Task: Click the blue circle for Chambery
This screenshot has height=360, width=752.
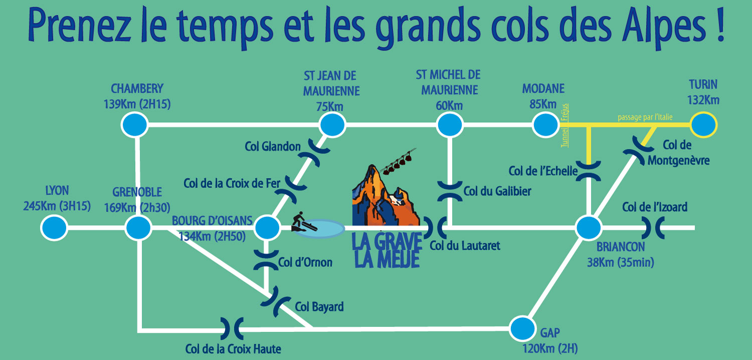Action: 135,124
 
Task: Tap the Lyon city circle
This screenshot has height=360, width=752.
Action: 54,228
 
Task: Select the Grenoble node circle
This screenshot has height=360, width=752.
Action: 138,228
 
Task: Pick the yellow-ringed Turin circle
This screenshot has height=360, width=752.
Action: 704,124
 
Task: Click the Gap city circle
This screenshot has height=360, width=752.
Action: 523,328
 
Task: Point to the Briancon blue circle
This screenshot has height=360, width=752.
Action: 589,228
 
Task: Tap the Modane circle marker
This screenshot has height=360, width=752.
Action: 545,124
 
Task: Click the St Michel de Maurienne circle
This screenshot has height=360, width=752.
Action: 450,124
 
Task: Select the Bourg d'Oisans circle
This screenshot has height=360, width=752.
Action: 267,228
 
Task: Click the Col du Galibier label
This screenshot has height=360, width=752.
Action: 497,192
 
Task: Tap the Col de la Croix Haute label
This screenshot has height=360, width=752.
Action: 233,349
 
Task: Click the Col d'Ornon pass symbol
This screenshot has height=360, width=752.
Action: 266,260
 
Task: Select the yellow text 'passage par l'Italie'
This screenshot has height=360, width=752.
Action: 645,117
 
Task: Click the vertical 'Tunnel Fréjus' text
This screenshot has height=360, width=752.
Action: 565,125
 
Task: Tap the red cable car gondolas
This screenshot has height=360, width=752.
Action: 399,163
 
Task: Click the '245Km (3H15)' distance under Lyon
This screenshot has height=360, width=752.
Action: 57,206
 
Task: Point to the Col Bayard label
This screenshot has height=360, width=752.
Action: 319,307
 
